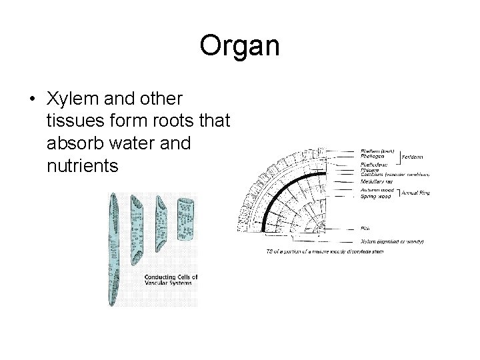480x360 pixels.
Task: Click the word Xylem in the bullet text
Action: tap(68, 97)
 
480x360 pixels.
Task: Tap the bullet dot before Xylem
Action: tap(32, 98)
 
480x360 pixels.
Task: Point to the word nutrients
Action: tap(83, 165)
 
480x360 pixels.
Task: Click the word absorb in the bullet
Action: tap(71, 143)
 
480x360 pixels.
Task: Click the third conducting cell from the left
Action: tap(161, 224)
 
